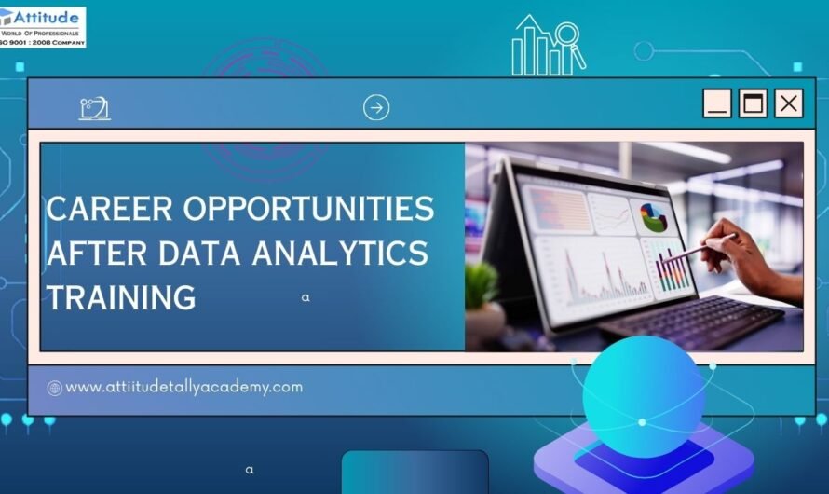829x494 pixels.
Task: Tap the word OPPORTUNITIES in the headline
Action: coord(308,210)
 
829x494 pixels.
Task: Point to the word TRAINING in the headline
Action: coord(121,297)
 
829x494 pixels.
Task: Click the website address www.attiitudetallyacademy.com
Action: coord(183,387)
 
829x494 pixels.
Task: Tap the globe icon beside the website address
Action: coord(55,388)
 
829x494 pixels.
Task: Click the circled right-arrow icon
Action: coord(376,108)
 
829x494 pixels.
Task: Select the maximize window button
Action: coord(753,103)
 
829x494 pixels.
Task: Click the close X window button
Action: coord(789,103)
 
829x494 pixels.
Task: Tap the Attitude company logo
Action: coord(43,26)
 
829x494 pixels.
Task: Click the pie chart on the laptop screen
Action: coord(653,217)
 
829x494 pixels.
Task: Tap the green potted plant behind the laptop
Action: coord(482,289)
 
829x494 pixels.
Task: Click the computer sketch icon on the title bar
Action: coord(94,108)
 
